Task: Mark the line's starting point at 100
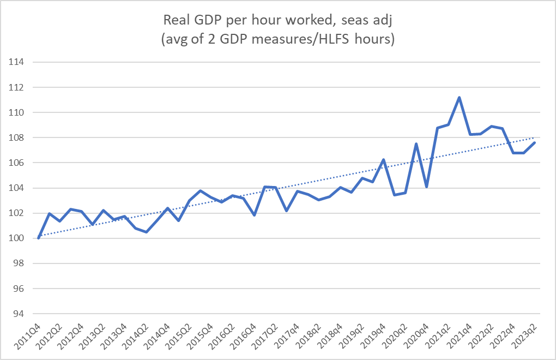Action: [x=38, y=238]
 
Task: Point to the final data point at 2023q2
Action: [x=534, y=143]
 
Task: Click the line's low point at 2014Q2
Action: [x=146, y=232]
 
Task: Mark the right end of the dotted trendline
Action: [x=534, y=137]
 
